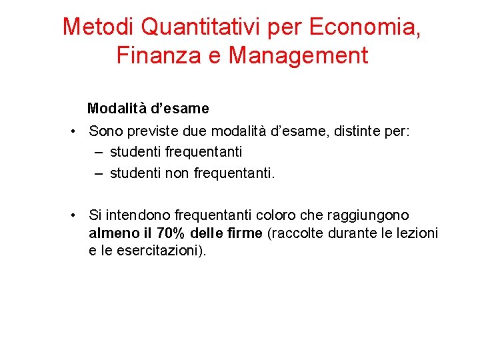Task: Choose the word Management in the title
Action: (x=298, y=55)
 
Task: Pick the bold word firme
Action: (x=244, y=233)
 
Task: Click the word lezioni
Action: (x=418, y=233)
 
